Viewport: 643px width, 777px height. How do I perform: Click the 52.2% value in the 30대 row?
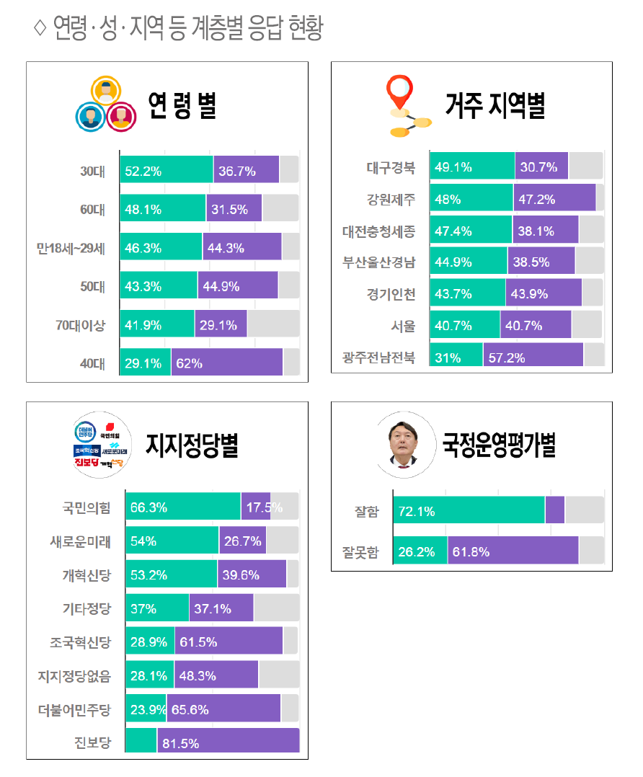tap(143, 172)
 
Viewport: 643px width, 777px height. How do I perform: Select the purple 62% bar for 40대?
tap(226, 363)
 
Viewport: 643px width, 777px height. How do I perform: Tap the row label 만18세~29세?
tap(71, 249)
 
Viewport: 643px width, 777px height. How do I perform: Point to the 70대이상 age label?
tap(81, 325)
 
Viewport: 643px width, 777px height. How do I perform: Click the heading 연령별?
tap(182, 107)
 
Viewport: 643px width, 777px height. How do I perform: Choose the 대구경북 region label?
tap(390, 168)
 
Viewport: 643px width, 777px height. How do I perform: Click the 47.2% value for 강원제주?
tap(536, 199)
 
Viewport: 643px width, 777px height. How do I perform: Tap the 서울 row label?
tap(404, 326)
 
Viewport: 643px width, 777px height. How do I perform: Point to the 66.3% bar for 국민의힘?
tap(182, 507)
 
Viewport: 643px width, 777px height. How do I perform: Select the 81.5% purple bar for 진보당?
tap(228, 743)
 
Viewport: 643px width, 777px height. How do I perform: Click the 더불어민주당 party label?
tap(75, 711)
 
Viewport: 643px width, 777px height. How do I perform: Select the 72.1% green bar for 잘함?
tap(469, 512)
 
